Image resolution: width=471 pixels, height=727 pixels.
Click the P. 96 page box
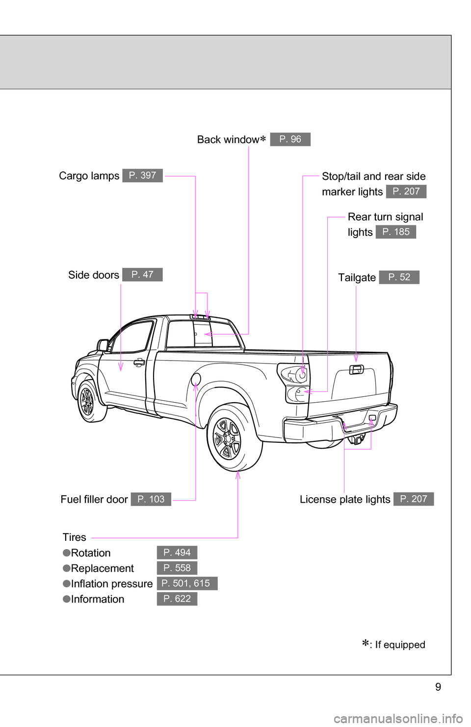[290, 139]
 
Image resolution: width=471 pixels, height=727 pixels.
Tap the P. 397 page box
[142, 175]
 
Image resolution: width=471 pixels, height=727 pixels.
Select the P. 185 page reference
[395, 232]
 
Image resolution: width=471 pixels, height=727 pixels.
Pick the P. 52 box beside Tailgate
[399, 277]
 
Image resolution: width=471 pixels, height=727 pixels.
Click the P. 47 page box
[142, 275]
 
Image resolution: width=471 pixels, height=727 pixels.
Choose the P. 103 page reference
[151, 499]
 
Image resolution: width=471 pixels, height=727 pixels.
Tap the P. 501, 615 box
[187, 583]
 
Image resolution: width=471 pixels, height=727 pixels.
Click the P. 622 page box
[177, 599]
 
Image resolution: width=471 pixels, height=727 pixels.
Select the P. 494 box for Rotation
[177, 553]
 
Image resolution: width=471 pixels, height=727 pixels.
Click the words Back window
[228, 140]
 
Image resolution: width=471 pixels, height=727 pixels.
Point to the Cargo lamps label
[89, 176]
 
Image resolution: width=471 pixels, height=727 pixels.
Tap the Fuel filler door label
[94, 499]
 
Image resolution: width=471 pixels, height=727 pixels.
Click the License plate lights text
[345, 499]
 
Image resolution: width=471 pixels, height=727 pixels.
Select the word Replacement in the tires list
[102, 568]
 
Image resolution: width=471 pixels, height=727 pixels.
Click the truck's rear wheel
[228, 438]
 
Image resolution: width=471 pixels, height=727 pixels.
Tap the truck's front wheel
[88, 401]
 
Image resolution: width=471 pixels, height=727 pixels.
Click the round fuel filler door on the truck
[196, 378]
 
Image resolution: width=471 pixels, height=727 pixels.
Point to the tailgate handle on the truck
[356, 369]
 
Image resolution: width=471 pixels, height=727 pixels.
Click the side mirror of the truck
[103, 345]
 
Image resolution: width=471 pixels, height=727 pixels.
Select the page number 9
[438, 687]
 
